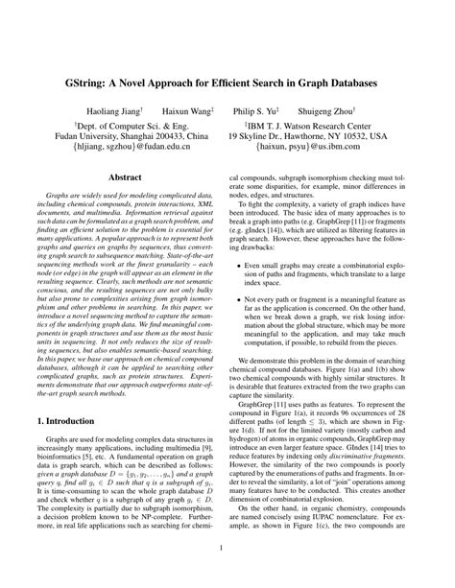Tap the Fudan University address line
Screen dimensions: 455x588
coord(139,136)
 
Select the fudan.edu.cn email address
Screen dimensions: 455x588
coord(139,149)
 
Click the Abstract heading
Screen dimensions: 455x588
coord(125,177)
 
